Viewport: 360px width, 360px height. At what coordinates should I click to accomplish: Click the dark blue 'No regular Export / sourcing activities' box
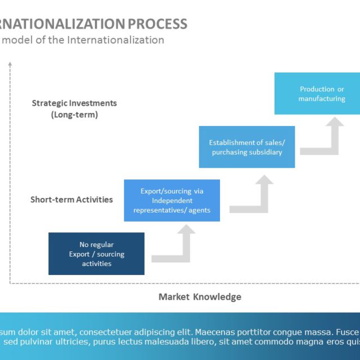[96, 254]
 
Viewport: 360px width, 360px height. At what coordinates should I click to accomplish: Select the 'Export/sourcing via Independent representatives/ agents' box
[172, 200]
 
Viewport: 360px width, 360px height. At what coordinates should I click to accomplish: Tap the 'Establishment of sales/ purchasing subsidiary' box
[246, 147]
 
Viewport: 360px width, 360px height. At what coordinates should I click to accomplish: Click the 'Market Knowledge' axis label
[200, 297]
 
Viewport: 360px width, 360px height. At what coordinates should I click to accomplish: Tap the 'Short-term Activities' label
[71, 200]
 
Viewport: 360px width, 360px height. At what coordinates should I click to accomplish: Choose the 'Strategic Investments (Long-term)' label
[74, 109]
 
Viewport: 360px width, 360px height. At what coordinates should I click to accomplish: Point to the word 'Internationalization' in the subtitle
[115, 40]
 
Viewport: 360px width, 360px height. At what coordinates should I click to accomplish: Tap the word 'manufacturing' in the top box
[321, 98]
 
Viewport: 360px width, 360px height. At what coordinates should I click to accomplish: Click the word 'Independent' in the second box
[172, 200]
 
